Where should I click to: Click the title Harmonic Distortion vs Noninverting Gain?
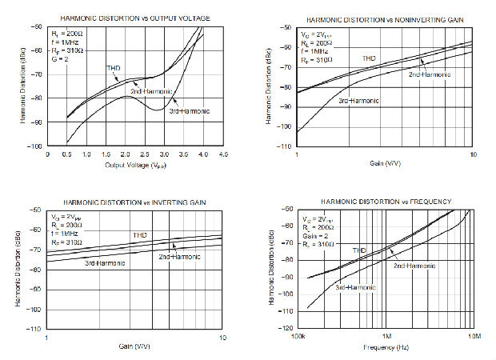[383, 18]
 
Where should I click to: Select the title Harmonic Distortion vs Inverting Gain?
[133, 202]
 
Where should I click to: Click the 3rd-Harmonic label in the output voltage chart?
[190, 111]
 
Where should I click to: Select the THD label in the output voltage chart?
[114, 68]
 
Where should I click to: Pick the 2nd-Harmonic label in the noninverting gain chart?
[429, 74]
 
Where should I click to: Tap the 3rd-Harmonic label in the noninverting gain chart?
[358, 101]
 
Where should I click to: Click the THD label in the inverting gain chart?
[140, 234]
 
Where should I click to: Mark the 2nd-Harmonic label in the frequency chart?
[414, 265]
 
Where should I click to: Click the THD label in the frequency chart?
[360, 250]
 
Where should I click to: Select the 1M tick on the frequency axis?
[386, 337]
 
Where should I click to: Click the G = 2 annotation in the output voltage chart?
[59, 59]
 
